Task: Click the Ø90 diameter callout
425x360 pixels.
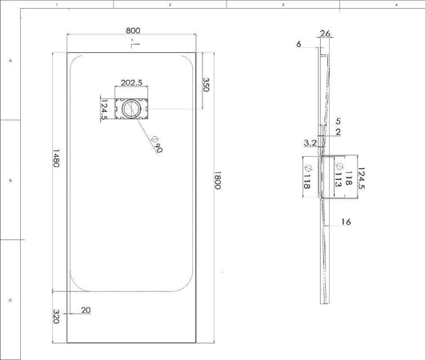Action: [155, 142]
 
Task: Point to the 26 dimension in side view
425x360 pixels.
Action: [325, 34]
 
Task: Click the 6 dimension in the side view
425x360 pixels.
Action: [298, 45]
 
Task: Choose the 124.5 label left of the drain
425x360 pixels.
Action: [104, 108]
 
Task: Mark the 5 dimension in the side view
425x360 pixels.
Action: [339, 121]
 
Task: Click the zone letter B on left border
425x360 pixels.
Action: [10, 181]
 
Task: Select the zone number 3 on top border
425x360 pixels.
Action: [283, 5]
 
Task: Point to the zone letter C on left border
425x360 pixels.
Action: [10, 301]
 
